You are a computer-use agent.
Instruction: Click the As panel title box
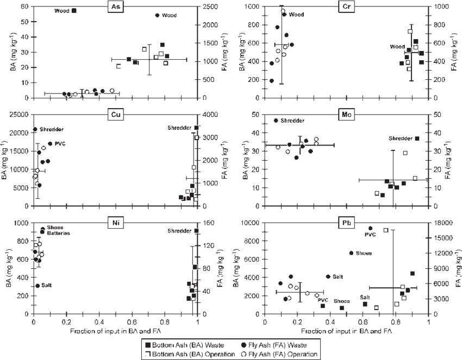[x=115, y=7]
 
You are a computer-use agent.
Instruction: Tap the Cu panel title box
[x=115, y=115]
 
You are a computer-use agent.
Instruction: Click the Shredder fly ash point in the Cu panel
[x=36, y=129]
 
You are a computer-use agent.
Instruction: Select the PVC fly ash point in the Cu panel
[x=51, y=143]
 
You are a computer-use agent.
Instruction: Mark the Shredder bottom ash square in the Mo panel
[x=417, y=138]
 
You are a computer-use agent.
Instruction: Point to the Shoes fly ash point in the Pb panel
[x=352, y=253]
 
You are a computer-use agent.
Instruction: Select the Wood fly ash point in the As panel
[x=158, y=15]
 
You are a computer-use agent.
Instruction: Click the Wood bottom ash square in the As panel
[x=75, y=10]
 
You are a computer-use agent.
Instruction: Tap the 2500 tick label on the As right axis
[x=211, y=7]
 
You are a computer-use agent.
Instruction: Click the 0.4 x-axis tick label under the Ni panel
[x=99, y=322]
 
